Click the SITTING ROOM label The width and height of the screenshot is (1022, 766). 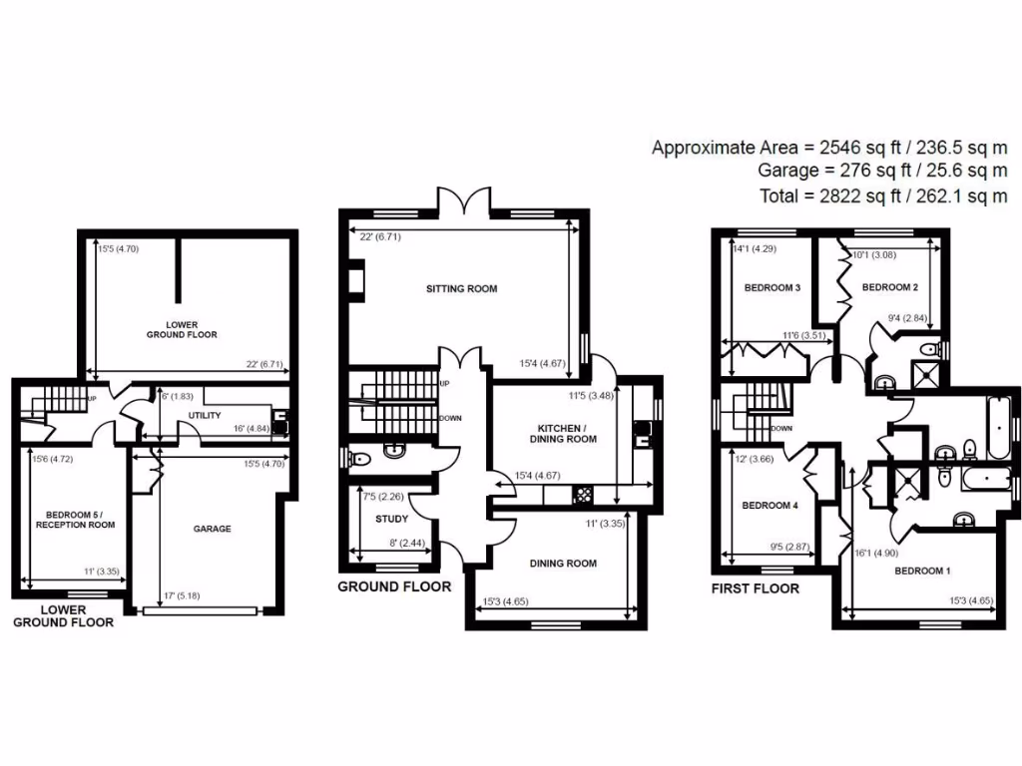pos(461,289)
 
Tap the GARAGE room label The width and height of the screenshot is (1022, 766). pos(212,529)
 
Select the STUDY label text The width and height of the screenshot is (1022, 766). pos(391,519)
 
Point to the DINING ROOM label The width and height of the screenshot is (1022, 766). pos(562,564)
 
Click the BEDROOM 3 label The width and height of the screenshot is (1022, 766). pos(772,288)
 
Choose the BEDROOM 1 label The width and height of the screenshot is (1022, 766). pos(922,572)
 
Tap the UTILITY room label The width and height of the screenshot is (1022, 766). pos(204,415)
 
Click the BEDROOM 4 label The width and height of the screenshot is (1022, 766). pos(769,506)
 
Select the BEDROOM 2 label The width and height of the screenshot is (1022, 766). pos(889,288)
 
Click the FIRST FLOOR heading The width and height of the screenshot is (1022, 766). pos(755,588)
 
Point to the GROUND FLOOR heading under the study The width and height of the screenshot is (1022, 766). pos(393,586)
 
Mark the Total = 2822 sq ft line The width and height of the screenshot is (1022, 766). pos(883,196)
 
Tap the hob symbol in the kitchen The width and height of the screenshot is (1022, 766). pos(583,495)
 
